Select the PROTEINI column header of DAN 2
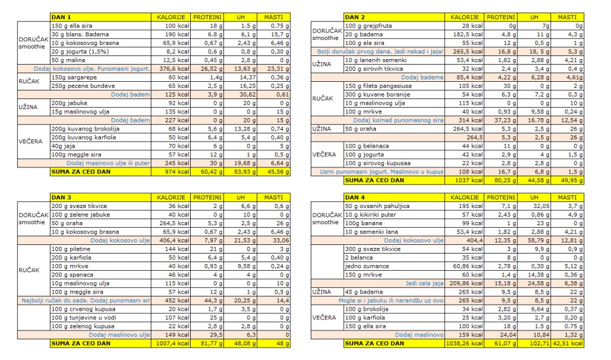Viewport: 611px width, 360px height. (501, 17)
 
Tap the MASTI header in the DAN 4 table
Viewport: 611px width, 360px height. (567, 197)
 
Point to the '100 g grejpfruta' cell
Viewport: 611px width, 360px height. (394, 25)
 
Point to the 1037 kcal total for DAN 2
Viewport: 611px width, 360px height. (463, 180)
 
